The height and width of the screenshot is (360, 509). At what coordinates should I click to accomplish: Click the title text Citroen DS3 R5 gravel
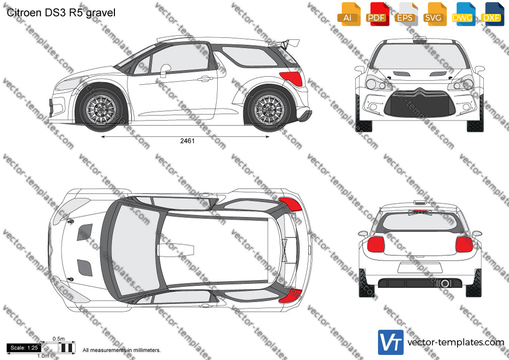pyautogui.click(x=61, y=13)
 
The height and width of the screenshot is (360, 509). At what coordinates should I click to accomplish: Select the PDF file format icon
pyautogui.click(x=376, y=14)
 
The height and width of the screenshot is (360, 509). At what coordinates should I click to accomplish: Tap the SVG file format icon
pyautogui.click(x=433, y=14)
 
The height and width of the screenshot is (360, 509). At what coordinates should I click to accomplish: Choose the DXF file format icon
pyautogui.click(x=491, y=14)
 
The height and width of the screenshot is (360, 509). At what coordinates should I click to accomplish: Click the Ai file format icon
pyautogui.click(x=348, y=14)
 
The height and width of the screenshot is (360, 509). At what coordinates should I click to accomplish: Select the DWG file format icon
pyautogui.click(x=462, y=14)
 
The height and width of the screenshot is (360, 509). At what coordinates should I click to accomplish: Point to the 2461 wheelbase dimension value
pyautogui.click(x=187, y=141)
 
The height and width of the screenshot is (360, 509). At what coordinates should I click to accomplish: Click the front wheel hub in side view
pyautogui.click(x=101, y=109)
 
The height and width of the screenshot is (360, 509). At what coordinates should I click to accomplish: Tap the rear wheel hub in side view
pyautogui.click(x=269, y=109)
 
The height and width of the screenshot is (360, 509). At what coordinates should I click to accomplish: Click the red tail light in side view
pyautogui.click(x=292, y=78)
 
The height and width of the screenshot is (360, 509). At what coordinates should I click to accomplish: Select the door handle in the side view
pyautogui.click(x=205, y=78)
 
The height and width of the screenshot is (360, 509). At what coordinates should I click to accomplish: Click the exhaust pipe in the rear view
pyautogui.click(x=444, y=283)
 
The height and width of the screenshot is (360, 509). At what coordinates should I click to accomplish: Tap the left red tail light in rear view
pyautogui.click(x=375, y=245)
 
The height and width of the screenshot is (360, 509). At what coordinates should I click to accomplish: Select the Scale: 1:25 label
pyautogui.click(x=24, y=348)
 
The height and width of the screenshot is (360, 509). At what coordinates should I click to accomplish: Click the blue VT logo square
pyautogui.click(x=391, y=342)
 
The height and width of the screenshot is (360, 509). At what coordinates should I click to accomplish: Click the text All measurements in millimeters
pyautogui.click(x=122, y=350)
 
